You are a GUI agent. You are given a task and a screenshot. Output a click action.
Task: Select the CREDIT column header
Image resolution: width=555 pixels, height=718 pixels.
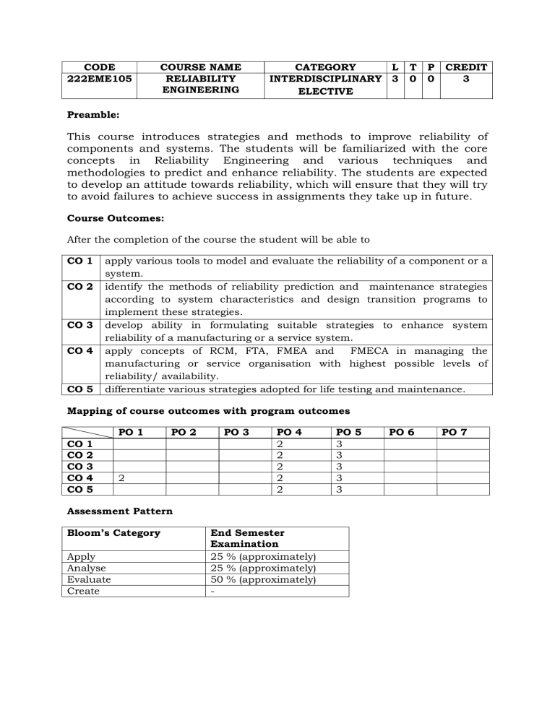467,67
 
